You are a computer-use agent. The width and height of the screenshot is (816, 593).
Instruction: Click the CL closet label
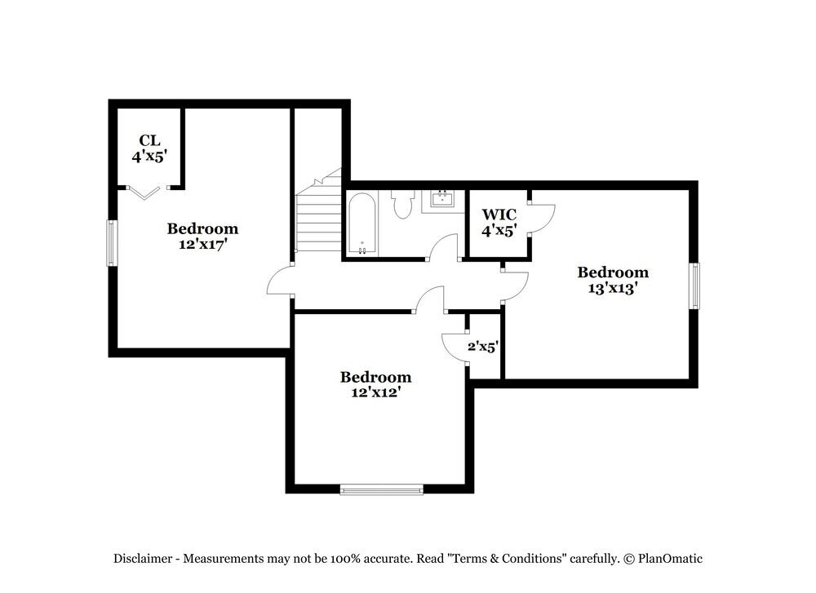point(149,139)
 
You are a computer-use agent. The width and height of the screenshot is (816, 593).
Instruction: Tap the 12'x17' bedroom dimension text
point(202,244)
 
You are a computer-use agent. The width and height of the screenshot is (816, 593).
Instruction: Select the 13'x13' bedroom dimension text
point(613,288)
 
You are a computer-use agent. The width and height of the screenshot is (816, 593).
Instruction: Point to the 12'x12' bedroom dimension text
point(375,392)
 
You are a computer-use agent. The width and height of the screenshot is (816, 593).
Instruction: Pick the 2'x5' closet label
point(482,347)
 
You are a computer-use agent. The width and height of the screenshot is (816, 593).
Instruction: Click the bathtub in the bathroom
point(361,223)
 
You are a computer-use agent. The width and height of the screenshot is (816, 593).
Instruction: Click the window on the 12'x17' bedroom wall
point(111,242)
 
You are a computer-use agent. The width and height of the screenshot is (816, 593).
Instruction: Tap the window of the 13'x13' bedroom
point(694,286)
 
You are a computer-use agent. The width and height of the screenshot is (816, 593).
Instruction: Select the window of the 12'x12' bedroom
point(382,489)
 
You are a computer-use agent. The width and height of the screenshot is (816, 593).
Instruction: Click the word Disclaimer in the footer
point(142,559)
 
